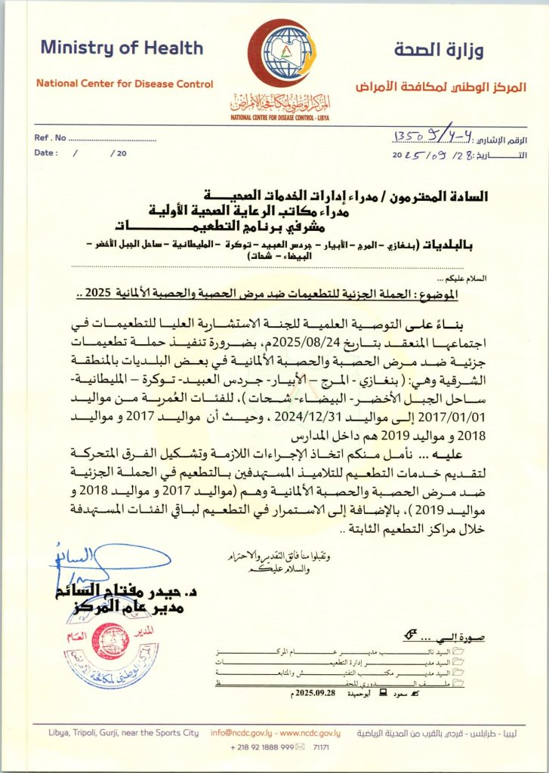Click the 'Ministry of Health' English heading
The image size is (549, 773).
pyautogui.click(x=122, y=48)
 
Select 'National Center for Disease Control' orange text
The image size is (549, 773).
pyautogui.click(x=125, y=84)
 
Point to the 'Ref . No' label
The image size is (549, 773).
pyautogui.click(x=50, y=139)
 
